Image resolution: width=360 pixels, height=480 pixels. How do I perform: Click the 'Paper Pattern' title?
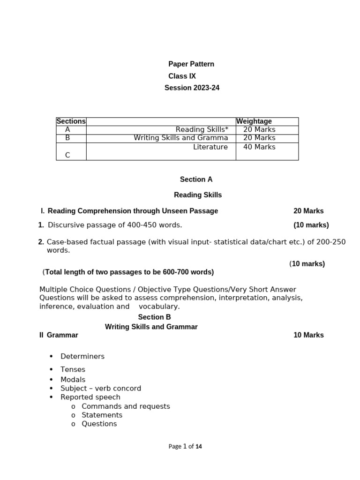(191, 64)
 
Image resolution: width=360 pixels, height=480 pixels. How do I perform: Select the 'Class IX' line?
(182, 76)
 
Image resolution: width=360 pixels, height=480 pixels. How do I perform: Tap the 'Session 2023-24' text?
(192, 88)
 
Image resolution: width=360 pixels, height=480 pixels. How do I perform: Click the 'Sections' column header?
(71, 121)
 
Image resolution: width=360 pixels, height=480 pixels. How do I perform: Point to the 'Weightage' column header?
(254, 121)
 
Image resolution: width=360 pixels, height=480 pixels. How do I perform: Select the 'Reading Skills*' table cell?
(202, 129)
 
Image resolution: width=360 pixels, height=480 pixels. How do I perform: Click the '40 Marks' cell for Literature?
(259, 147)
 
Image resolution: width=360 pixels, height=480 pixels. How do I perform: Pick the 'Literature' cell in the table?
(210, 147)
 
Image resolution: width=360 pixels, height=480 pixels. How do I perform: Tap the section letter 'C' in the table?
(67, 155)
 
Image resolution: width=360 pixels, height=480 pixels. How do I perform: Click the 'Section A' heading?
(196, 180)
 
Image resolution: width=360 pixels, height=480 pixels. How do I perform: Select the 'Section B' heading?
(154, 317)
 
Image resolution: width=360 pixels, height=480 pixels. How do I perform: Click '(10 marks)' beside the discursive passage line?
(311, 225)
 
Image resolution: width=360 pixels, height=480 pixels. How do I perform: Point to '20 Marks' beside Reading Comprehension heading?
(308, 211)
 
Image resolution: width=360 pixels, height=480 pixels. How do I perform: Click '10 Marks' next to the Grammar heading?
(308, 335)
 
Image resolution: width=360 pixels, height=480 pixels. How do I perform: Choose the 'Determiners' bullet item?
(82, 356)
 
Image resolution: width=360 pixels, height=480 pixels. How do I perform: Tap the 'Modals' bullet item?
(73, 380)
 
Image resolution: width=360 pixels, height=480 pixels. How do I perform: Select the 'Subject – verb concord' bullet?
(101, 389)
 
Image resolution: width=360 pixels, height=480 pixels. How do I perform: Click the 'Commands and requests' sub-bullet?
(126, 406)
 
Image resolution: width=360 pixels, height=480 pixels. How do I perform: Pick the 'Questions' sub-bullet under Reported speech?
(99, 424)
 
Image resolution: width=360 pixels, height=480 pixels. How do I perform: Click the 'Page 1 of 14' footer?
(185, 447)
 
